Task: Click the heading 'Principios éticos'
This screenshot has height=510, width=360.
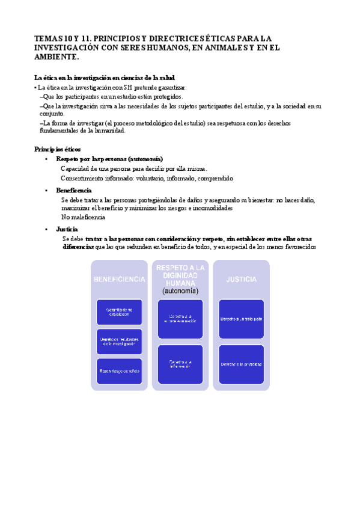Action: (x=58, y=149)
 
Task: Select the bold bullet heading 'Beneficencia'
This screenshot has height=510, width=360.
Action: (x=74, y=190)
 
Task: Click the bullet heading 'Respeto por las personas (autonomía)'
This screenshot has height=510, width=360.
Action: (x=109, y=159)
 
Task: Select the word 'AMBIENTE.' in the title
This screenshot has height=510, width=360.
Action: (x=56, y=57)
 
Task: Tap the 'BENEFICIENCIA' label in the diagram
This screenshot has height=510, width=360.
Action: (x=119, y=279)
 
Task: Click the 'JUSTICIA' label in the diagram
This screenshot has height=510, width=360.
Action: (x=241, y=279)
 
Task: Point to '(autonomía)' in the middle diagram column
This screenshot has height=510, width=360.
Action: (x=180, y=290)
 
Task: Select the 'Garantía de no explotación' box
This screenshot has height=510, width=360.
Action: (x=119, y=312)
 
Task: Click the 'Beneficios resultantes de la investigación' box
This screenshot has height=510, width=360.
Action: (x=119, y=341)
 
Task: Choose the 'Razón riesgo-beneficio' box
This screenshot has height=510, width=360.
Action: (x=119, y=370)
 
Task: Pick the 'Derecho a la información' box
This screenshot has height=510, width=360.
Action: (x=180, y=364)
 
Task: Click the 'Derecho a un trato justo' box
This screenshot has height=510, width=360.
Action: (x=241, y=319)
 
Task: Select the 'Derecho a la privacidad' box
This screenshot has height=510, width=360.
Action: (x=241, y=364)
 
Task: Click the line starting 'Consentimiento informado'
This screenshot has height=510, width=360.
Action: (x=147, y=178)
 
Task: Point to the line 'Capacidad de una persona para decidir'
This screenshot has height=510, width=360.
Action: (x=133, y=169)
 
